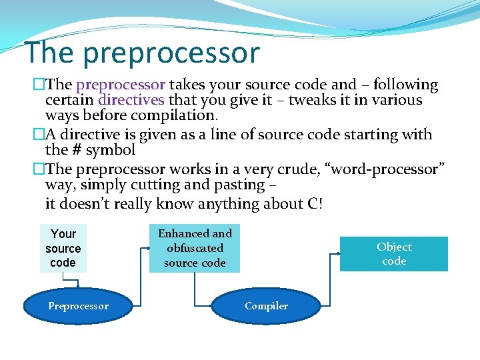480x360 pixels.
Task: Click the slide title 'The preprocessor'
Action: [x=141, y=53]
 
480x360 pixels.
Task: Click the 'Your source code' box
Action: [x=63, y=248]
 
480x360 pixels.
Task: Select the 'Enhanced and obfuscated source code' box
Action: [x=195, y=248]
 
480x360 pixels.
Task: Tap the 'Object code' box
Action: [x=394, y=254]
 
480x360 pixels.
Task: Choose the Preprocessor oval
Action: [x=78, y=306]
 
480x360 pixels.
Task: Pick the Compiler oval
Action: [x=266, y=306]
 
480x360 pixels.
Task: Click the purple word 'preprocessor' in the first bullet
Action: [x=121, y=85]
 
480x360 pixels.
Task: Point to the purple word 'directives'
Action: [x=131, y=100]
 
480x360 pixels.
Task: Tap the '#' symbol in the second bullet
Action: [x=76, y=150]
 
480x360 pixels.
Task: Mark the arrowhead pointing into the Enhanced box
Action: [x=150, y=248]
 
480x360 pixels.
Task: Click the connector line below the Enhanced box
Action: [x=195, y=283]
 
